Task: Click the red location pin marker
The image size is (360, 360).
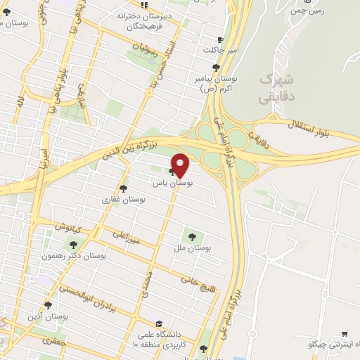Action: pos(181,164)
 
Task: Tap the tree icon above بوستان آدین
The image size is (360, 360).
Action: pos(48,305)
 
